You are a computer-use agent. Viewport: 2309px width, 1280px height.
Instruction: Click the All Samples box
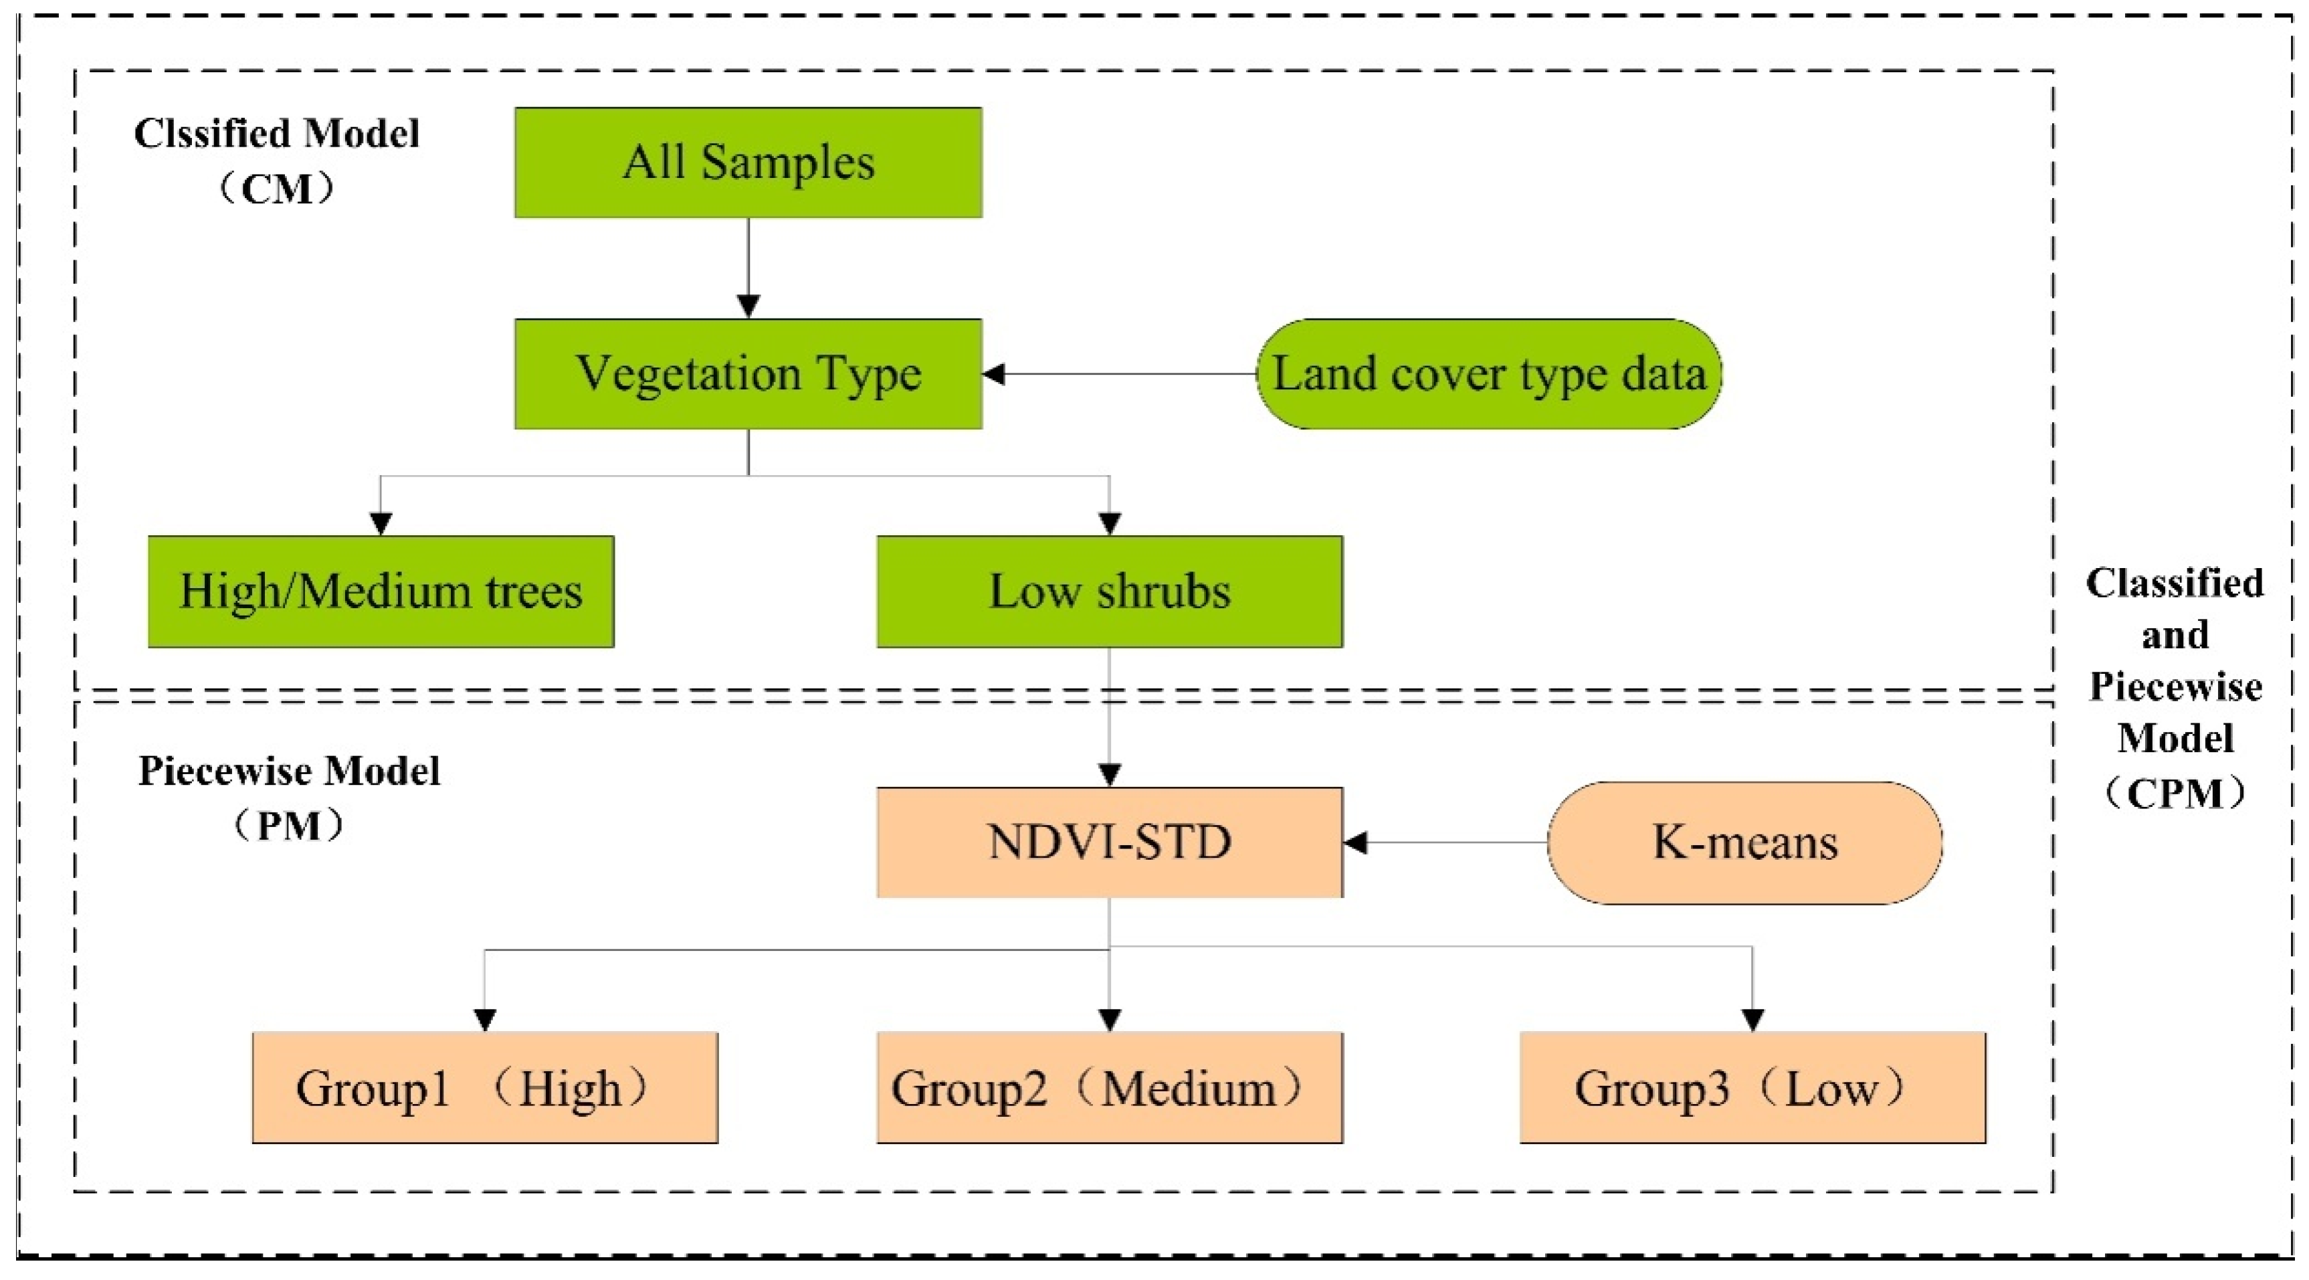pos(748,162)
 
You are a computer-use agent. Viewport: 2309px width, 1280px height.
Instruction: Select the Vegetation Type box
pos(748,374)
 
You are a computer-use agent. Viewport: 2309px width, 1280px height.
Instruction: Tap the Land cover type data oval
pos(1488,374)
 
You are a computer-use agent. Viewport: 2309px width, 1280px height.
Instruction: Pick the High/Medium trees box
pos(381,591)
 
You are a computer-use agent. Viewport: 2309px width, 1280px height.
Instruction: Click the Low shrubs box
pos(1110,591)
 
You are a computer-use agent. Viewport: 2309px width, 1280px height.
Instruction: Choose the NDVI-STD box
pos(1110,842)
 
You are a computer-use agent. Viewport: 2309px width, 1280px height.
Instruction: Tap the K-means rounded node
pos(1744,842)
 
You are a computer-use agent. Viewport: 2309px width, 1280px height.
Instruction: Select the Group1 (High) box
pos(485,1087)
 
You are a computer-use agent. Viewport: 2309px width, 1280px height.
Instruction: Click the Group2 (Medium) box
pos(1110,1087)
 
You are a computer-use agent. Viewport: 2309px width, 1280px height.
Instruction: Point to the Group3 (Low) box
pos(1752,1087)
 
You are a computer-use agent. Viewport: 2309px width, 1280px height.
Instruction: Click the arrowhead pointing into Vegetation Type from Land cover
pos(994,374)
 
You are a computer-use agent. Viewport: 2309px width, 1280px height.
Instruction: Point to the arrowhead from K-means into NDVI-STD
pos(1355,842)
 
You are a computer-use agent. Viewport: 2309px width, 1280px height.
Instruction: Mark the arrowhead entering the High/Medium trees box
pos(381,523)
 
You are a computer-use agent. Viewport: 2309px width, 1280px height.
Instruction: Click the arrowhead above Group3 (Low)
pos(1752,1020)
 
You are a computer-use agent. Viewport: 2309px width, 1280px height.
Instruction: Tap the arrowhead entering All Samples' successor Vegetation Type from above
pos(748,306)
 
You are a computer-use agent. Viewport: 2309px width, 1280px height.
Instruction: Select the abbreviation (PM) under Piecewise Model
pos(289,826)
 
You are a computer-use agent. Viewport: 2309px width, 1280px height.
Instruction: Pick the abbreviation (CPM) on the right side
pos(2175,792)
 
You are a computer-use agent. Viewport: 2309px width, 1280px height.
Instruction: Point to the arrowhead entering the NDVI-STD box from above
pos(1110,774)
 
